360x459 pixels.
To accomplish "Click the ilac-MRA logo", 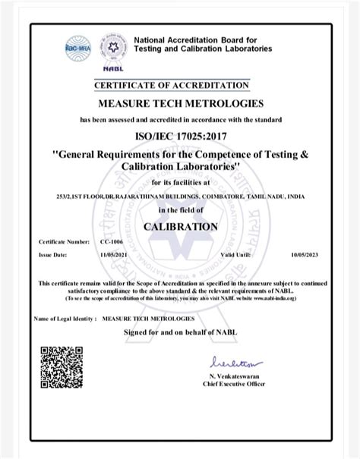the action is point(78,46).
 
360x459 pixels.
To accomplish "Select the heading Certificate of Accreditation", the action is point(180,85).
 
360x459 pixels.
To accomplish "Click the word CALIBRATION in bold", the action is point(181,226).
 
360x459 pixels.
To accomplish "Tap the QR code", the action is point(62,367).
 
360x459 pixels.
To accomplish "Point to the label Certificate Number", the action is point(64,241).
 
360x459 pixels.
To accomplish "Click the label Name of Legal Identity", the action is point(65,319).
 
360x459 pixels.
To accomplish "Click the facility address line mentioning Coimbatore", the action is point(181,196).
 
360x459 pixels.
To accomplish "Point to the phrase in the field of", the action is point(181,210).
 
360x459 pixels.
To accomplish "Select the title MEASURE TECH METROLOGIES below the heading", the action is point(181,103).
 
